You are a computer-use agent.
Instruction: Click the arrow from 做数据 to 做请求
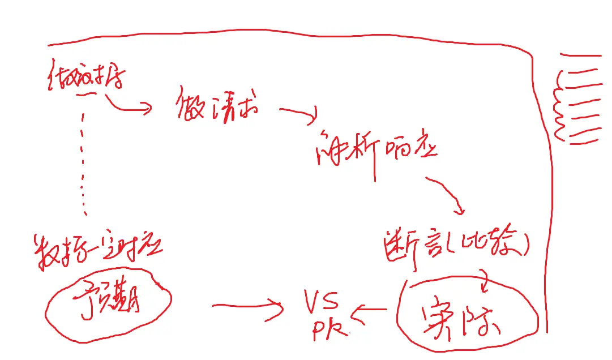tap(127, 105)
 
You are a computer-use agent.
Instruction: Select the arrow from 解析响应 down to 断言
tap(447, 195)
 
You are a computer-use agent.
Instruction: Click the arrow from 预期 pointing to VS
tap(247, 306)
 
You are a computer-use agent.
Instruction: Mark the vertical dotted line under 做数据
tap(84, 164)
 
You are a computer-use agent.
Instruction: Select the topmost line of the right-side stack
tap(580, 55)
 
